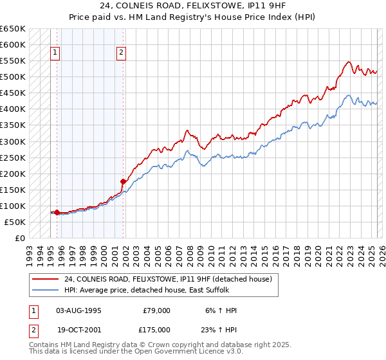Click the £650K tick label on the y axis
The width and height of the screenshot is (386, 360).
tap(13, 29)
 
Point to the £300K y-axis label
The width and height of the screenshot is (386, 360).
tap(13, 141)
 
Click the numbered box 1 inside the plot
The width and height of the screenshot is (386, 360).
tap(55, 53)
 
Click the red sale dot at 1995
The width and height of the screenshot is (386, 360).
tap(57, 212)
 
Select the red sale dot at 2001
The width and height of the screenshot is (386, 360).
tap(123, 181)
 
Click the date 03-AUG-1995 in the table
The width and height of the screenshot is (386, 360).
tap(78, 310)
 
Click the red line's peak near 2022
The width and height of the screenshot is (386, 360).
tap(348, 62)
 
